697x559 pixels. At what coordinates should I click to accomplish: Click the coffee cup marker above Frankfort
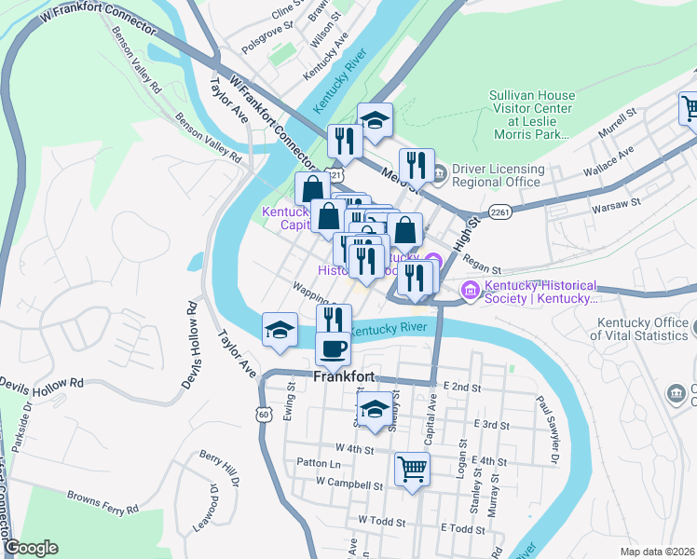coord(333,350)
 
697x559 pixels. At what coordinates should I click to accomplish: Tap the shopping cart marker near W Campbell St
coord(412,470)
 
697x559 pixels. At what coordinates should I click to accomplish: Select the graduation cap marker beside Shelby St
coord(375,409)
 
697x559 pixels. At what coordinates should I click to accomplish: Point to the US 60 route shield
coord(264,413)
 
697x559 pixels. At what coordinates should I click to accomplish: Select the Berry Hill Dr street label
coord(219,470)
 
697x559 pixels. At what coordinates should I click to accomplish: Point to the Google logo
coord(31,548)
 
